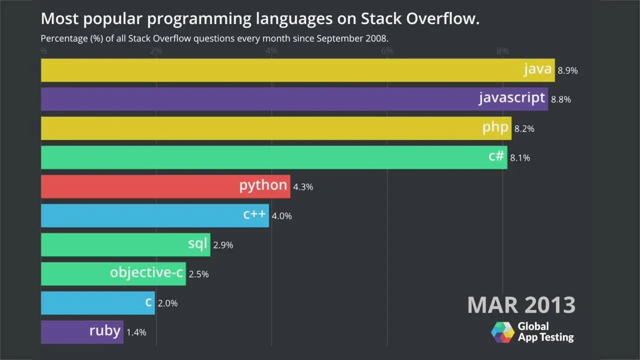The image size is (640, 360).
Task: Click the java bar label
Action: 537,69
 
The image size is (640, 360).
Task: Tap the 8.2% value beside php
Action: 524,128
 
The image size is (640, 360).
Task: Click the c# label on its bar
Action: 496,156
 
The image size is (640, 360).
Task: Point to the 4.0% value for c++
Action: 281,216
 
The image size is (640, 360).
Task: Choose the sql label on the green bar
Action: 197,244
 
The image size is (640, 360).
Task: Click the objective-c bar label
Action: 146,273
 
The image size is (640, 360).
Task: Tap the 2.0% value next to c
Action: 167,303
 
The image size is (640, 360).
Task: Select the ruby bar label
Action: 105,331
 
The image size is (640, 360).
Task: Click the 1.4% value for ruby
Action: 136,332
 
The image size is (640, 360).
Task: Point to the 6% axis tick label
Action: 387,51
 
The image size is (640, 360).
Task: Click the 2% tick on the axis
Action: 156,51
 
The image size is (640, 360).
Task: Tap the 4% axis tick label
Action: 271,51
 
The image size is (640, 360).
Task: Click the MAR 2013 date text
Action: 521,304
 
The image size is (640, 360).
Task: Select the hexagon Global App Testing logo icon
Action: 502,332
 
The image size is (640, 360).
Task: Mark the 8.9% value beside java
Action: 567,70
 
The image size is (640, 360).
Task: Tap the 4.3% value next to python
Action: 303,187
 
